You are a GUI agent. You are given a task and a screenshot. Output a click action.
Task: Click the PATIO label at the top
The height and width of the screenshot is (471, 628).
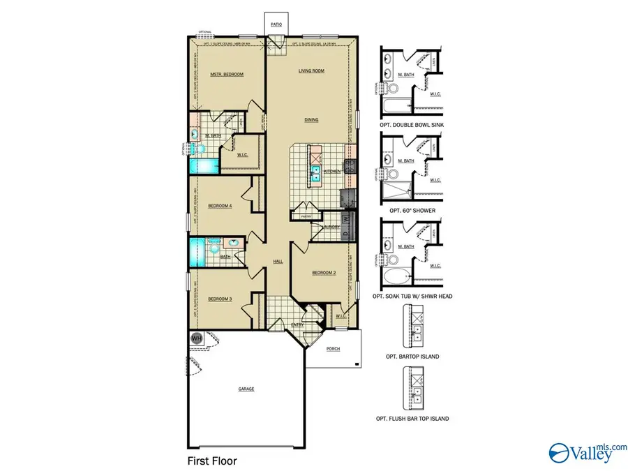(x=276, y=24)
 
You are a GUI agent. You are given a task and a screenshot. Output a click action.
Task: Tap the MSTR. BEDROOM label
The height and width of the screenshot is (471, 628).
(x=227, y=74)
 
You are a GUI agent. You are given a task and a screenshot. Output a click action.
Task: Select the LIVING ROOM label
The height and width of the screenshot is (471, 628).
(x=311, y=71)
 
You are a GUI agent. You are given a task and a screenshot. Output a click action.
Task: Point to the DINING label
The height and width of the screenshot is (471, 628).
(x=311, y=119)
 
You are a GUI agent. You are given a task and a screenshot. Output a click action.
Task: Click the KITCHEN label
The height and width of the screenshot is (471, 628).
(x=332, y=171)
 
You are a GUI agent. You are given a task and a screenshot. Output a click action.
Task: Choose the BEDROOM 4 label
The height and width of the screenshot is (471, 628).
(x=220, y=205)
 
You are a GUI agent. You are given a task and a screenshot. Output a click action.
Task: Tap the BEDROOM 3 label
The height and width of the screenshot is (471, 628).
(x=220, y=299)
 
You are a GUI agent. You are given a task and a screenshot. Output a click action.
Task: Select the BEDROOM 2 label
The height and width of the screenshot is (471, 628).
(x=324, y=273)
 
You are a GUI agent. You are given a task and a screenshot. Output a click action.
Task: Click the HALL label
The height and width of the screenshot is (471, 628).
(x=277, y=261)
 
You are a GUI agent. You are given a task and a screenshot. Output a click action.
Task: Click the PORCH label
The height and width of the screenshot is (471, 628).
(x=333, y=348)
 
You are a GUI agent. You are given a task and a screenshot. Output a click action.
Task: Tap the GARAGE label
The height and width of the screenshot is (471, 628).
(x=246, y=389)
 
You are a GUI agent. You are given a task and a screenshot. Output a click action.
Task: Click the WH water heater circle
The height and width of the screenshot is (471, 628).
(x=196, y=338)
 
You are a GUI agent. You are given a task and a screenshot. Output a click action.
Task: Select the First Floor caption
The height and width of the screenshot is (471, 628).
(x=213, y=461)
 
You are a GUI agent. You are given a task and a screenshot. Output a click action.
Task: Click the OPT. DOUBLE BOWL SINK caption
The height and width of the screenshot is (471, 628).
(x=412, y=124)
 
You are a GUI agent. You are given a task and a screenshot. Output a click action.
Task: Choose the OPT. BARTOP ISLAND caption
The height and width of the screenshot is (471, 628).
(x=412, y=357)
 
